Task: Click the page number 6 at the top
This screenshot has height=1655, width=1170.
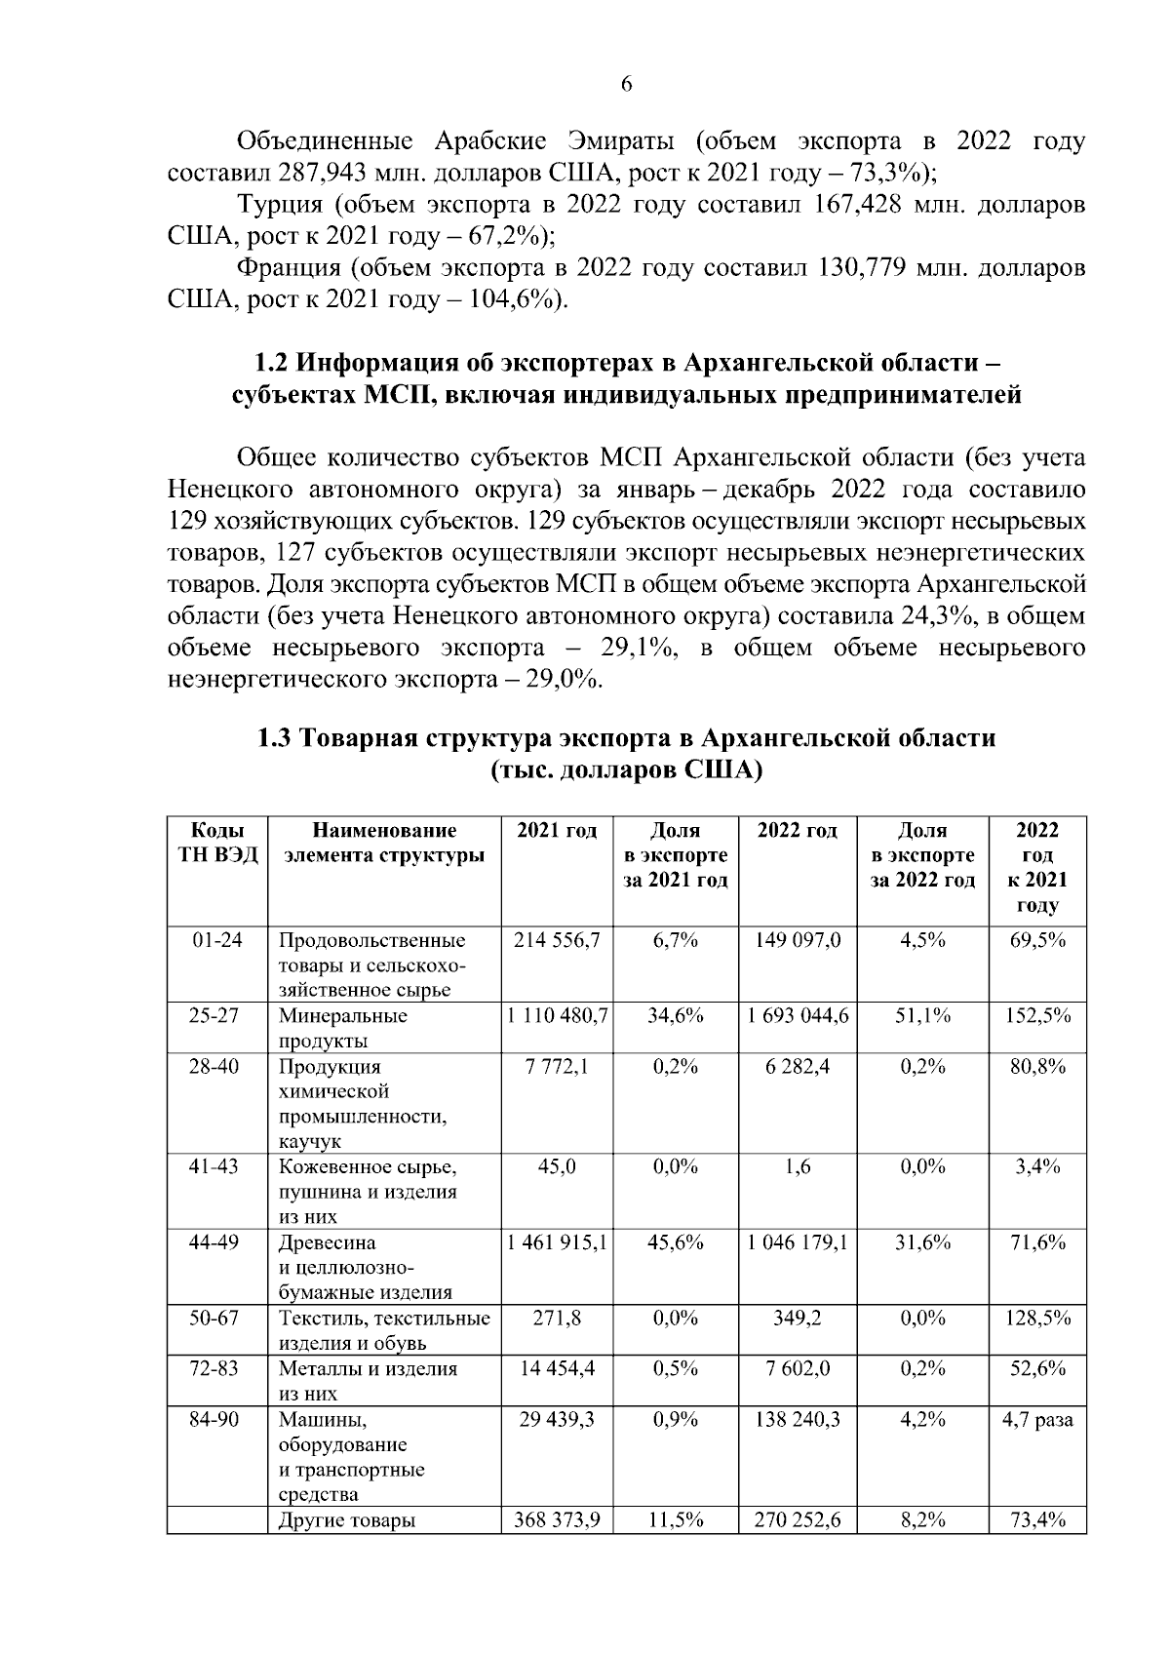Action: coord(626,85)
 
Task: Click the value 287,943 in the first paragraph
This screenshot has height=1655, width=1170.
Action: coord(321,174)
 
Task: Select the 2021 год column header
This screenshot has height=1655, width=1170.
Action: coord(557,832)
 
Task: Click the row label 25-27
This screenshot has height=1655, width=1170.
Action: coord(215,1015)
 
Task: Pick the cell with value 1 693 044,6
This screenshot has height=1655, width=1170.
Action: coord(799,1015)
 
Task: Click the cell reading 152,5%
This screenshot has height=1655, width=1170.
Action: coord(1037,1015)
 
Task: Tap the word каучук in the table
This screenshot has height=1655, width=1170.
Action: coord(310,1141)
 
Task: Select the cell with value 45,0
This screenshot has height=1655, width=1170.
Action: coord(557,1166)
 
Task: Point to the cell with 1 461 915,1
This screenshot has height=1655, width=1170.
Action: coord(557,1242)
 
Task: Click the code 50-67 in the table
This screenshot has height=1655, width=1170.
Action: coord(215,1318)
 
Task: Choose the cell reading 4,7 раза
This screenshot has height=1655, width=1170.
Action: coord(1037,1419)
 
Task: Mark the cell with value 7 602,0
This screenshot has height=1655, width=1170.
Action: coord(799,1368)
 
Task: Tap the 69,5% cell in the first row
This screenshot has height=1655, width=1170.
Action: coord(1037,940)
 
